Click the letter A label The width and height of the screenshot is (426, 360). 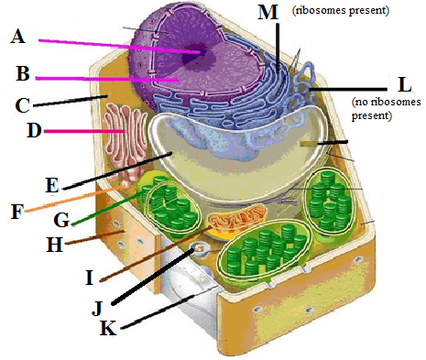point(18,36)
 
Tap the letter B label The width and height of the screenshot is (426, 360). point(23,73)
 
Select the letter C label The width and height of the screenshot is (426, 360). point(22,105)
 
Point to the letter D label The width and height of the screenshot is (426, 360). point(34,130)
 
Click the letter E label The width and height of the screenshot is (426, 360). point(52,185)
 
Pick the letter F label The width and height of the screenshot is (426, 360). point(17,212)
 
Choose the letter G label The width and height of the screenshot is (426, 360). point(61,220)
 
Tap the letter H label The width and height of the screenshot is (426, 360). point(55,245)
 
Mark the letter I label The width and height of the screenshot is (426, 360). point(89,278)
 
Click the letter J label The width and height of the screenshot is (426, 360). point(97,309)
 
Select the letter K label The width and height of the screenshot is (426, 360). point(108,329)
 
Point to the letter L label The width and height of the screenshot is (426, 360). point(405,84)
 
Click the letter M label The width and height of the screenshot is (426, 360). point(268,12)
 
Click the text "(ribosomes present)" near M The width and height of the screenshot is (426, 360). point(341,10)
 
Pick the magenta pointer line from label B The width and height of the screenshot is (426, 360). point(107,79)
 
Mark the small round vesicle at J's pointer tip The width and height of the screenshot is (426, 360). point(199,248)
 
